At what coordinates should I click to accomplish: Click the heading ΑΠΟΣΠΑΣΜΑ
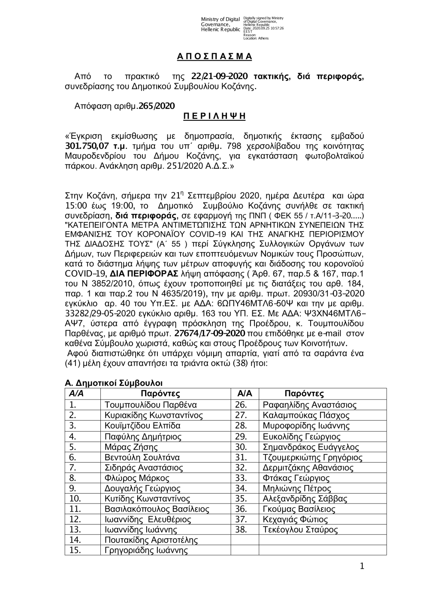click(x=214, y=57)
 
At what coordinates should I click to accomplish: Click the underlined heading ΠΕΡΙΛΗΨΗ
click(x=214, y=116)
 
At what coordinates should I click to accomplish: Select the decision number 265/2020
click(x=157, y=106)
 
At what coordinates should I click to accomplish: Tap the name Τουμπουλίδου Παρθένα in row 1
click(x=151, y=405)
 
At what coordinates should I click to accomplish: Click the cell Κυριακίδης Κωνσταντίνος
click(x=154, y=415)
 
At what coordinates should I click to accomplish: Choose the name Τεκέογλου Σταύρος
click(x=300, y=530)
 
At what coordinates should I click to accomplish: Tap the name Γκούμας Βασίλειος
click(x=299, y=509)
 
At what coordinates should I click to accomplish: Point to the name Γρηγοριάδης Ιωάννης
click(x=146, y=551)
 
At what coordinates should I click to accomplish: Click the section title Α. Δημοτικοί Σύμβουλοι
click(x=113, y=383)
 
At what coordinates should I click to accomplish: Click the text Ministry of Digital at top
click(x=220, y=19)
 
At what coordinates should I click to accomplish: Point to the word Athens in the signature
click(x=263, y=38)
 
